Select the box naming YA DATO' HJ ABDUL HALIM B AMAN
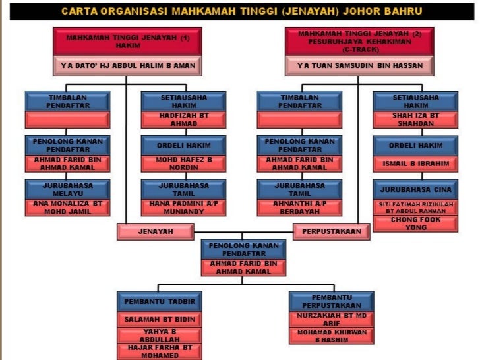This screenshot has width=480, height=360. tap(127, 66)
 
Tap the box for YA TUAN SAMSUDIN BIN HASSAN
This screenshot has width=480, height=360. tap(359, 66)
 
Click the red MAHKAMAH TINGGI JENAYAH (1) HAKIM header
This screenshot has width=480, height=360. tap(127, 42)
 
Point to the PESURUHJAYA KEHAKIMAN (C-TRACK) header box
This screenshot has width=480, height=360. tap(359, 41)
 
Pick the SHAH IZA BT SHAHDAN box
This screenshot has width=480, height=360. tap(415, 119)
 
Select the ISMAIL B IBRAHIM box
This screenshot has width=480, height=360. tap(415, 163)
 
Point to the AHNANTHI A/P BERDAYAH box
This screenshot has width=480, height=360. tap(300, 207)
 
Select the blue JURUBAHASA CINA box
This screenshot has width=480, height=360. tap(415, 189)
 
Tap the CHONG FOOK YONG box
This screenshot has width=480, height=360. tap(415, 223)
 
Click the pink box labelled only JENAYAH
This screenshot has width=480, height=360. tap(156, 231)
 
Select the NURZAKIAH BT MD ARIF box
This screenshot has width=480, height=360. tap(333, 319)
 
